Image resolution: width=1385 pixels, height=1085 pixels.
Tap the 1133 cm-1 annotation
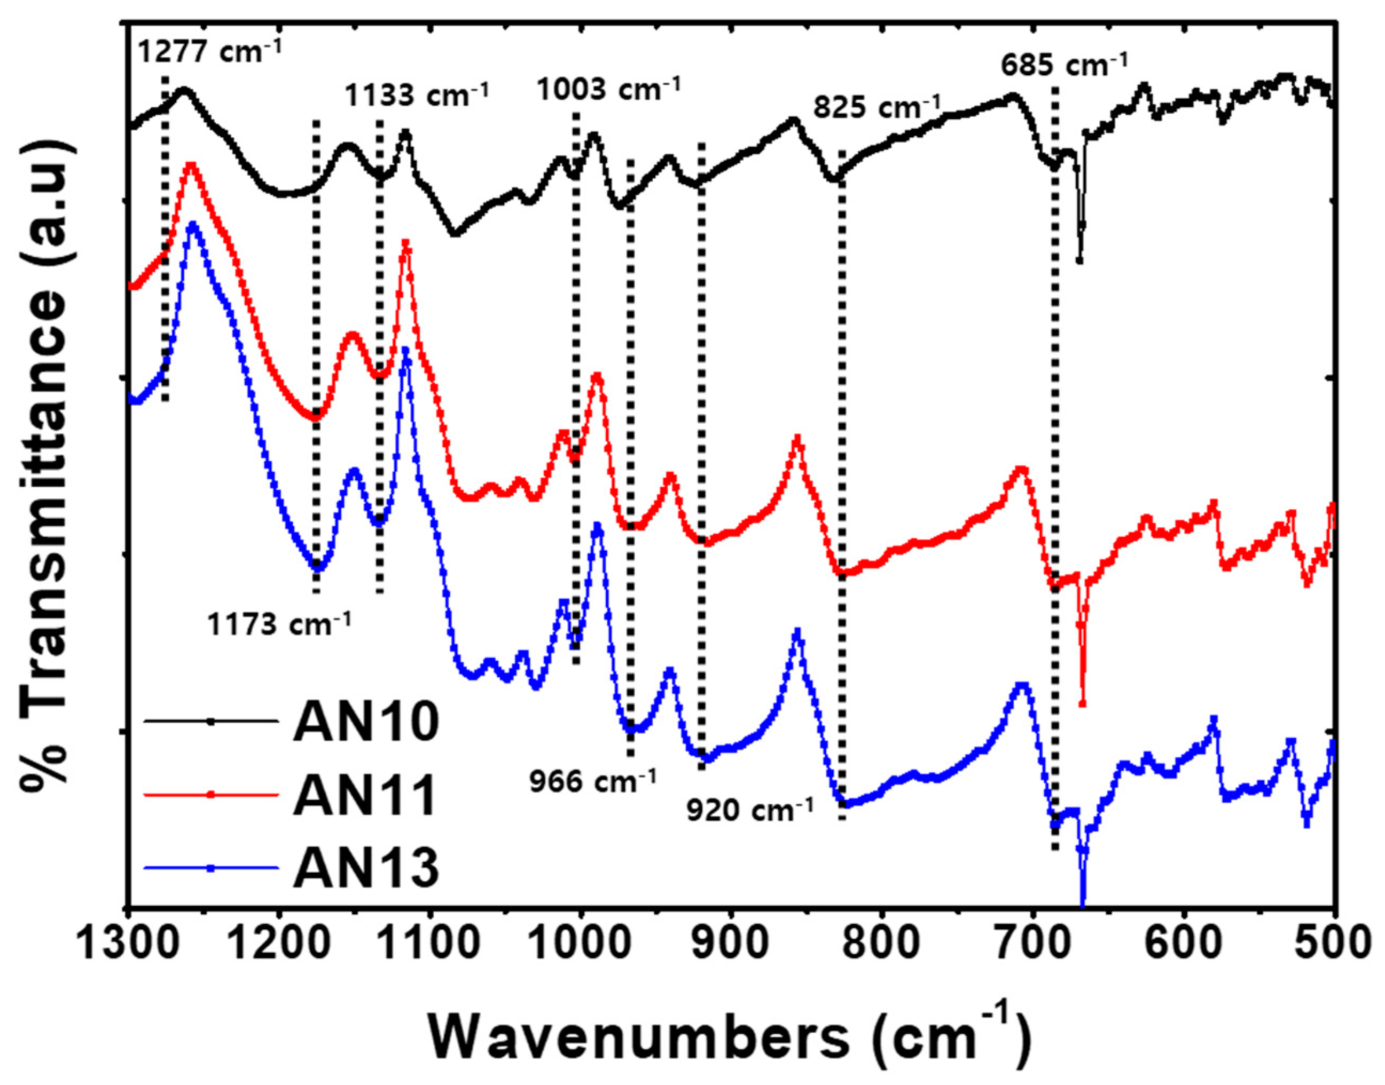point(416,96)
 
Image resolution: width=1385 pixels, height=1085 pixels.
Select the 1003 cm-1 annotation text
point(608,90)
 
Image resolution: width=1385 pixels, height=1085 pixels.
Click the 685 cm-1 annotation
point(1064,64)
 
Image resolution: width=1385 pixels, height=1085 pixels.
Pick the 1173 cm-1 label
point(278,625)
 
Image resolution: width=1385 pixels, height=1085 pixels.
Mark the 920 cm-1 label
point(750,811)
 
